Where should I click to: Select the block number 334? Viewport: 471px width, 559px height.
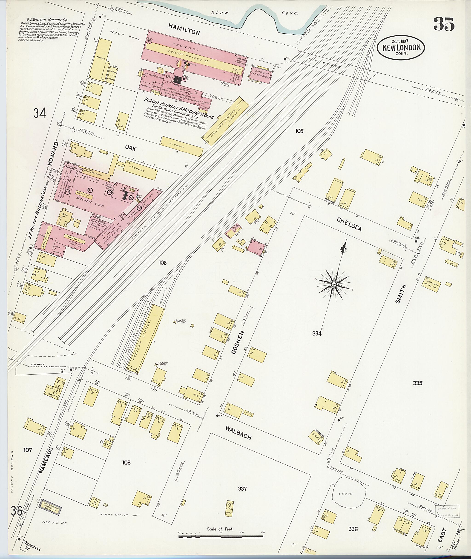point(317,333)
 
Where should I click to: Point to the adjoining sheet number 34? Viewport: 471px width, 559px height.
point(40,113)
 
